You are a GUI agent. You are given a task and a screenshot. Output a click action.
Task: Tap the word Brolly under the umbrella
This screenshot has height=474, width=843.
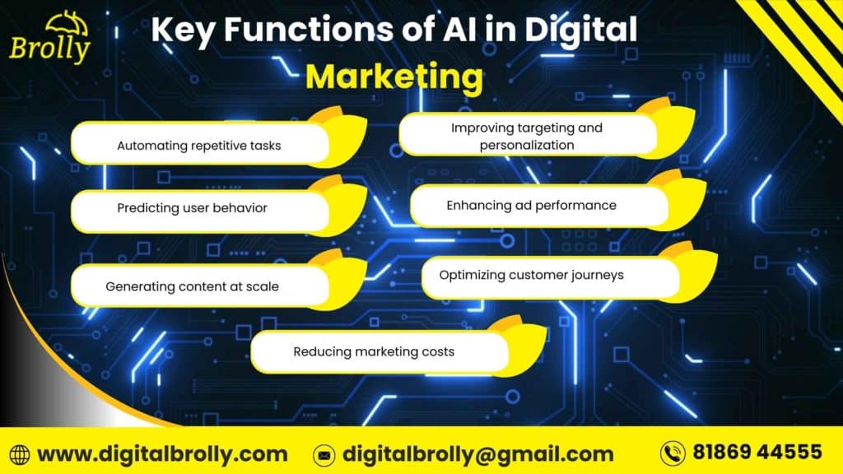point(49,49)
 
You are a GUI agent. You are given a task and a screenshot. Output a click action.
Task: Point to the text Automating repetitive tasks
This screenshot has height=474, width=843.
point(198,146)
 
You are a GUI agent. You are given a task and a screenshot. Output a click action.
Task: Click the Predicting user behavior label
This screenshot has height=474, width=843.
point(192,208)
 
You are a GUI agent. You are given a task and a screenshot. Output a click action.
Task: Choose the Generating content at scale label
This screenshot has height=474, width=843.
point(192,287)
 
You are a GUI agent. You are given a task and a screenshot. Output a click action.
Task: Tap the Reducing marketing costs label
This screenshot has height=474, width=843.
point(374,352)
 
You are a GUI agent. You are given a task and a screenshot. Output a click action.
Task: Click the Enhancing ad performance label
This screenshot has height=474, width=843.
point(531,206)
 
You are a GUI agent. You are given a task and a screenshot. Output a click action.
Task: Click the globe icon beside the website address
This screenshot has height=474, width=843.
point(19,454)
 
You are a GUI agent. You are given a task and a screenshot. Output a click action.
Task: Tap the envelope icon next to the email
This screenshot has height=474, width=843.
point(324,454)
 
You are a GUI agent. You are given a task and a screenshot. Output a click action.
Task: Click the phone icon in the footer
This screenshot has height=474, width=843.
point(673,453)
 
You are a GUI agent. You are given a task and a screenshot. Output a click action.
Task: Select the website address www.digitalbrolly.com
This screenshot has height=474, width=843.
point(162,453)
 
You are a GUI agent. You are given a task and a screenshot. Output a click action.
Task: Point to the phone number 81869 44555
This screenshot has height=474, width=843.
point(757,452)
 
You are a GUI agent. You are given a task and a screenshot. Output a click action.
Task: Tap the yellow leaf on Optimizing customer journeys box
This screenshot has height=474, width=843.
point(696,271)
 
